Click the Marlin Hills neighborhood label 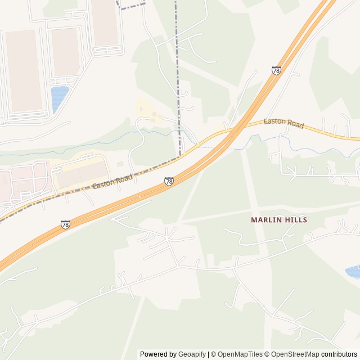tap(279, 220)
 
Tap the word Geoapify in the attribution tap(192, 354)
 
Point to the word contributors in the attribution tap(339, 354)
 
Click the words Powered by tap(158, 354)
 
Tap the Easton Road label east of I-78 tap(284, 123)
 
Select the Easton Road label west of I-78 tap(112, 181)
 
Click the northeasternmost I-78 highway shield tap(276, 70)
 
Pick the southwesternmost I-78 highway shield tap(66, 224)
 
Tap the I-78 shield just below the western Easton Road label tap(169, 181)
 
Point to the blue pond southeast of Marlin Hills tap(353, 272)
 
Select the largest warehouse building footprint tap(23, 70)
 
